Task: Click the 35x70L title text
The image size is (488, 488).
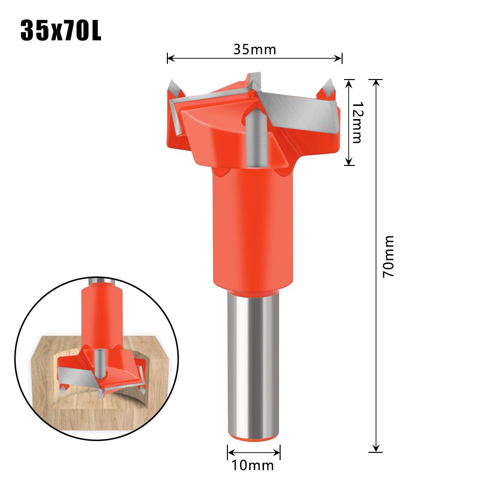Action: (x=61, y=30)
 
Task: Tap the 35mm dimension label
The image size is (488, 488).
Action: (x=254, y=49)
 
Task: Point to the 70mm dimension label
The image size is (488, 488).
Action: (x=388, y=257)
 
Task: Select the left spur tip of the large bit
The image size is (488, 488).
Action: (x=172, y=83)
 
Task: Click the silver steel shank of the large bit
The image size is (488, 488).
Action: (x=254, y=361)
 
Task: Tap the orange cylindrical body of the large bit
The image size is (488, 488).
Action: (x=254, y=229)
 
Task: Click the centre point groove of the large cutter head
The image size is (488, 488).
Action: (x=254, y=137)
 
